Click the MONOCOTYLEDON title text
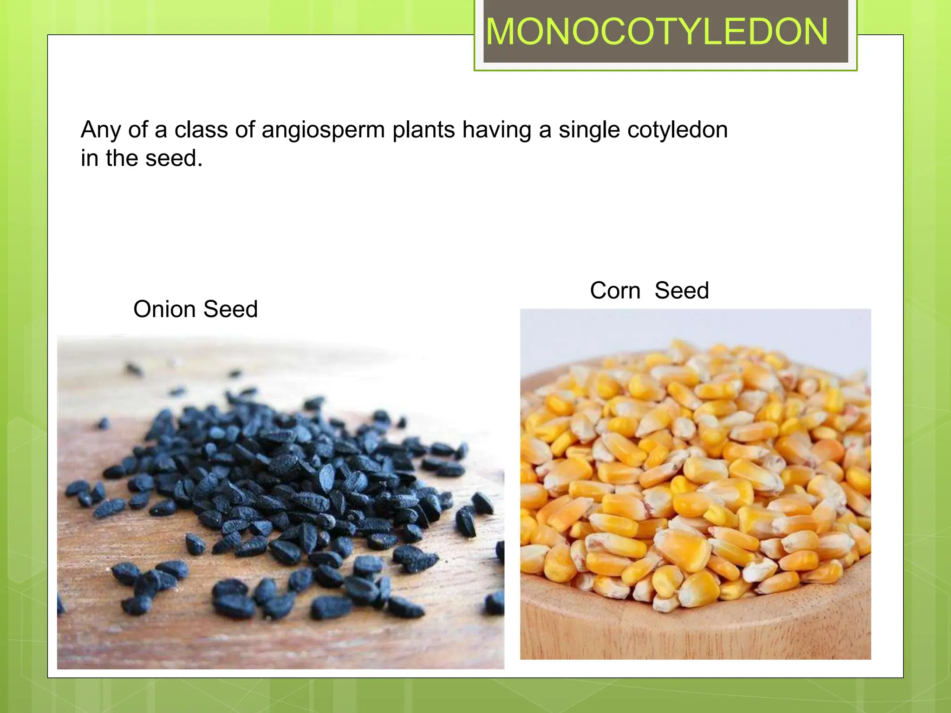click(657, 32)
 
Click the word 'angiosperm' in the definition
click(323, 130)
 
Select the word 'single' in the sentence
click(589, 130)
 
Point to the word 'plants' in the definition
click(423, 130)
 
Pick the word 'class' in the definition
click(201, 130)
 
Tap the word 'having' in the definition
click(496, 130)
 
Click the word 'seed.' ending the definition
click(174, 158)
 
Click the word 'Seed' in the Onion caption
click(230, 309)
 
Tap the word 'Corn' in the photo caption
click(615, 291)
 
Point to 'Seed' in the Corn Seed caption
click(682, 291)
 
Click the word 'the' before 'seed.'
click(122, 158)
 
